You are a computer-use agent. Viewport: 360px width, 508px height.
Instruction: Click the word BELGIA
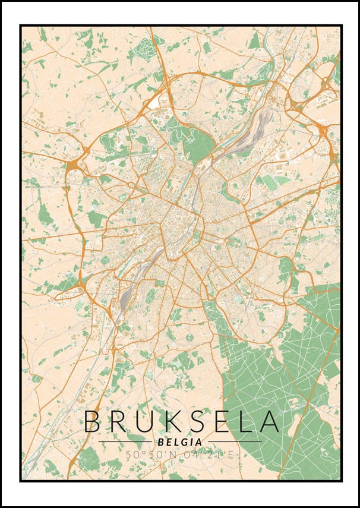click(x=180, y=442)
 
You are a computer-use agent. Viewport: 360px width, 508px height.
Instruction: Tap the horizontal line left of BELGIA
click(x=125, y=442)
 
